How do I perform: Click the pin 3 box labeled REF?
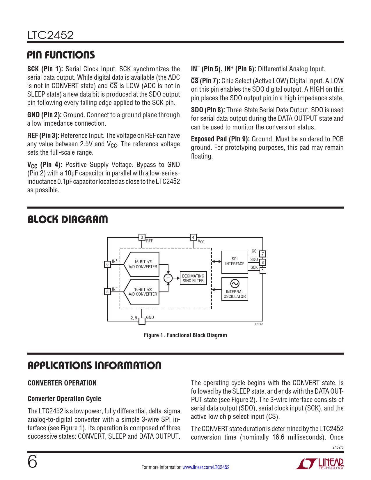[142, 237]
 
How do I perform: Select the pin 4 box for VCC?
[193, 237]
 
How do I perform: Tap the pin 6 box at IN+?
[107, 264]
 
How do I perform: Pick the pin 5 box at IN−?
[107, 291]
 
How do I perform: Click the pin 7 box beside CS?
[262, 254]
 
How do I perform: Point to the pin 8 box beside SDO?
[262, 262]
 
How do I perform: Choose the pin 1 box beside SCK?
[262, 270]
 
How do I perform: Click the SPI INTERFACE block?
[235, 262]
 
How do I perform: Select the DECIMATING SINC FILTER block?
[193, 278]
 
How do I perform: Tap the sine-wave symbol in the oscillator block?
[235, 283]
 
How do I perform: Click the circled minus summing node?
[168, 278]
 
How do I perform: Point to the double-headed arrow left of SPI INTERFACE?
[216, 262]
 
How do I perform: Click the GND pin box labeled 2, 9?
[142, 321]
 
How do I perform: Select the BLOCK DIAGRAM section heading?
[68, 220]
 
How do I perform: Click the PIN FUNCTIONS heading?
[61, 55]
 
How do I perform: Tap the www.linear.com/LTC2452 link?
[206, 467]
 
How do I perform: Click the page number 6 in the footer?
[32, 462]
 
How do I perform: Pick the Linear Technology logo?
[320, 464]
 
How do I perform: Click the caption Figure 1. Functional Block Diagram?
[185, 335]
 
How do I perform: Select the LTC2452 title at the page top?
[50, 35]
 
